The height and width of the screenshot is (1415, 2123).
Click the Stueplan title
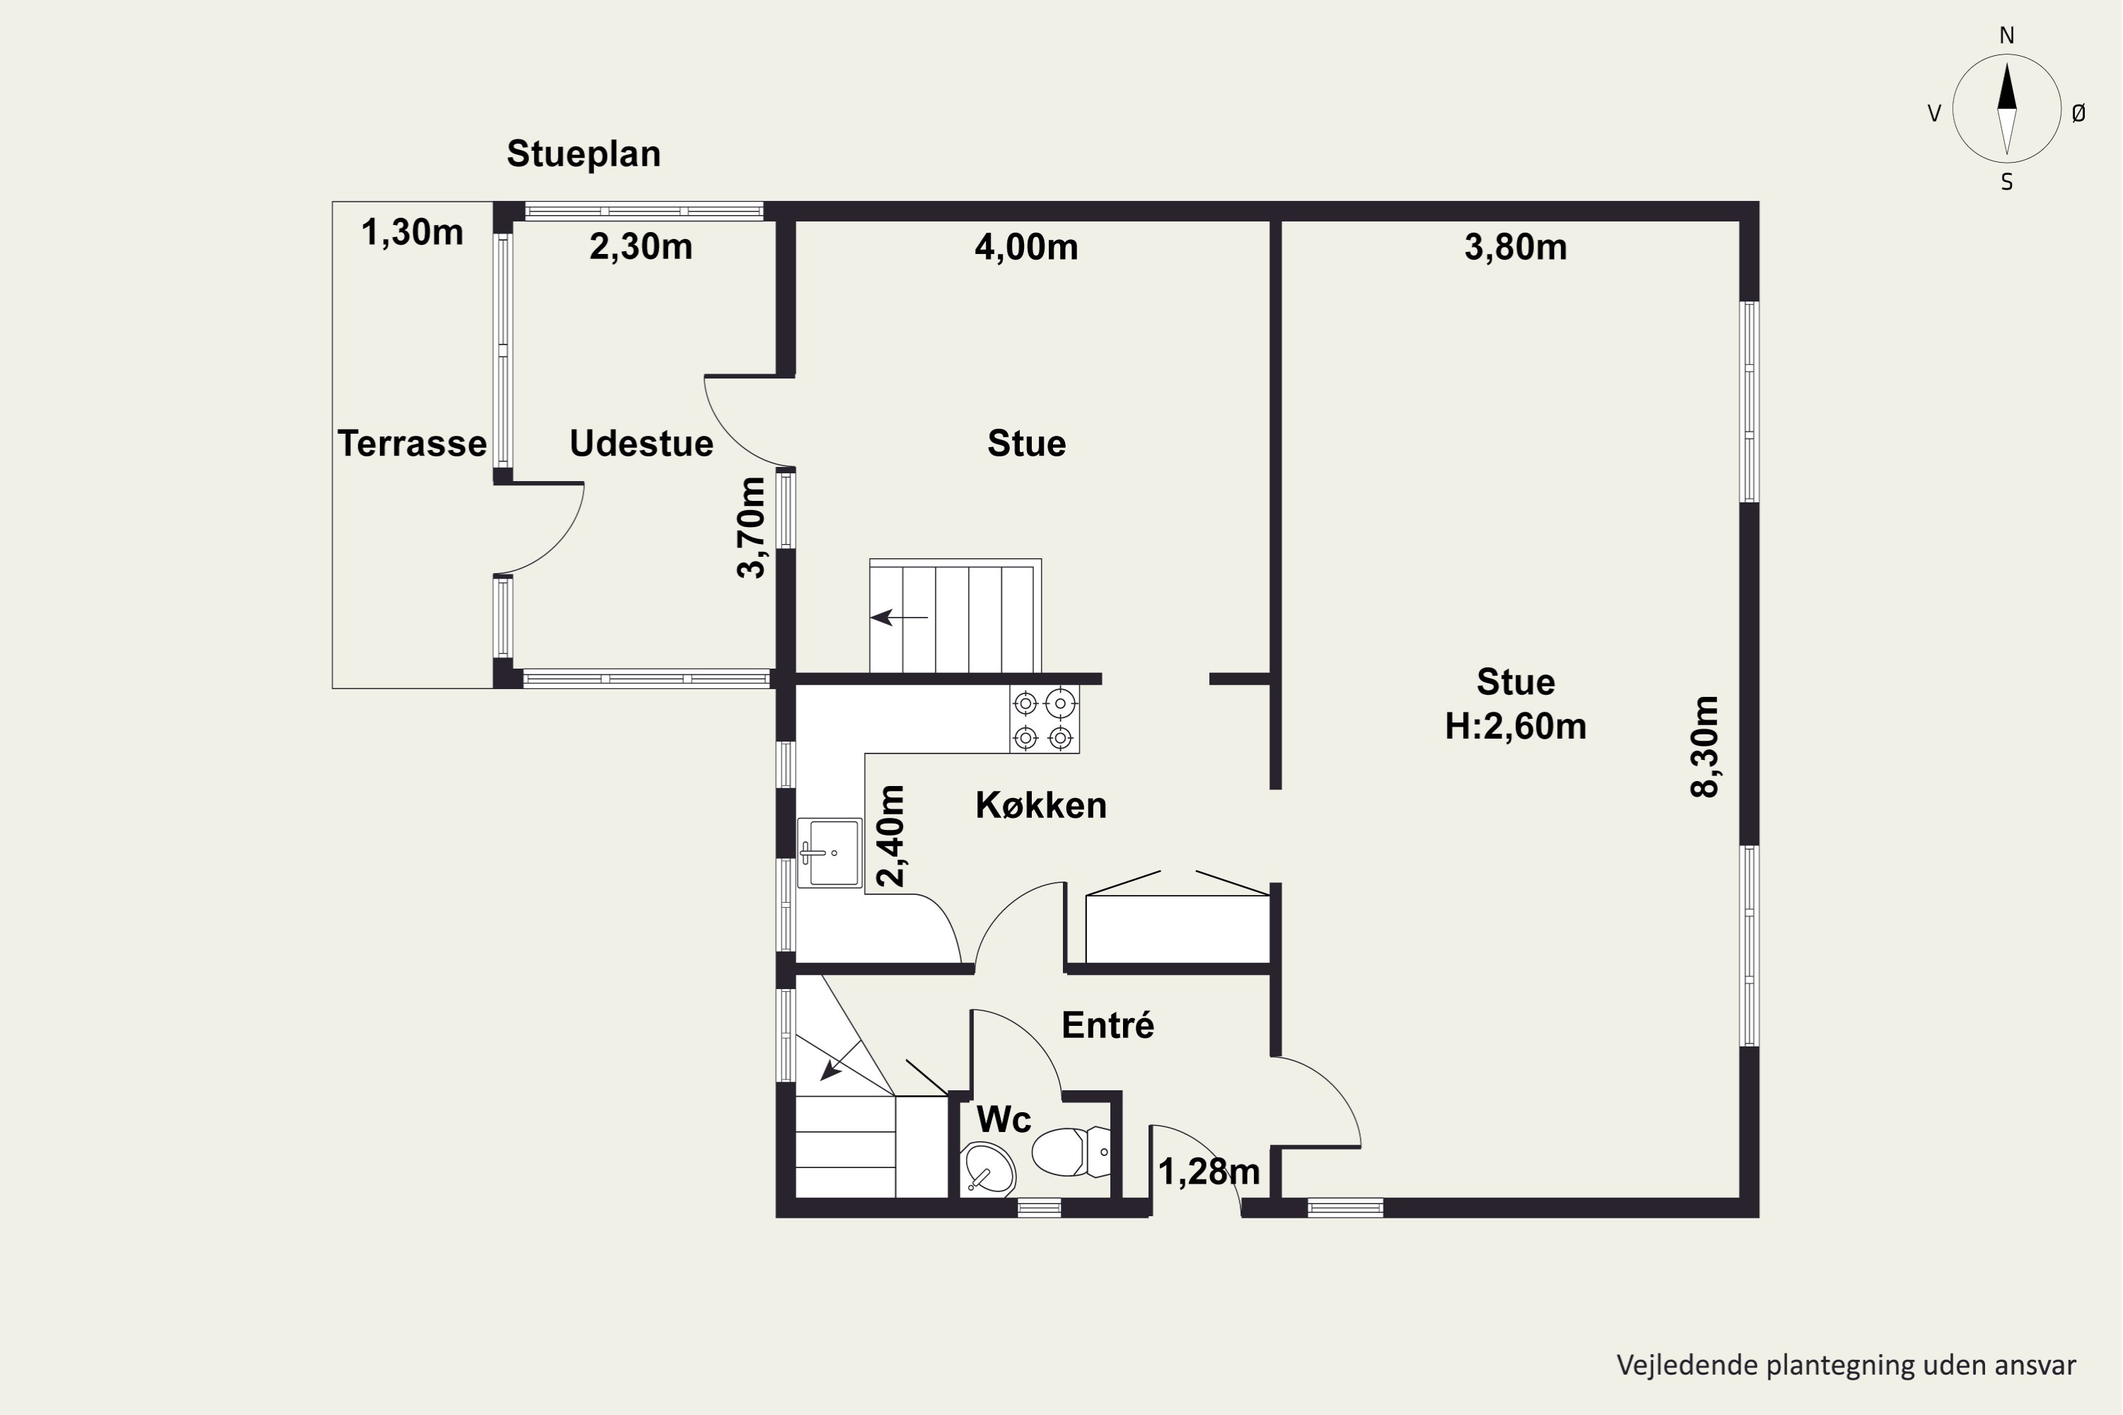click(x=583, y=154)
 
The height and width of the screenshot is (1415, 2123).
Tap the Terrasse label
click(x=412, y=443)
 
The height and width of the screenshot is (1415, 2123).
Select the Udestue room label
click(x=641, y=443)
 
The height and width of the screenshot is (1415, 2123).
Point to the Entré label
click(x=1107, y=1025)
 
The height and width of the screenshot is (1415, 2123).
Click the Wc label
click(x=1003, y=1120)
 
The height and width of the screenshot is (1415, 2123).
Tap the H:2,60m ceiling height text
click(x=1516, y=727)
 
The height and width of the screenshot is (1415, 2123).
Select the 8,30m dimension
click(x=1704, y=746)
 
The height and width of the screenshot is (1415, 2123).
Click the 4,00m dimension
click(x=1026, y=246)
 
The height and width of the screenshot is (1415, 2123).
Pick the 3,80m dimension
click(x=1516, y=246)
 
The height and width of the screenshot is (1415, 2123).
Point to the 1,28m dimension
click(x=1209, y=1172)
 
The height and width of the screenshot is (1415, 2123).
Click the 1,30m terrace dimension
click(x=413, y=232)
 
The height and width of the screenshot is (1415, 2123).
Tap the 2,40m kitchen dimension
click(x=891, y=836)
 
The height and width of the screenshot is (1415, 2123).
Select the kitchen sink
click(x=829, y=853)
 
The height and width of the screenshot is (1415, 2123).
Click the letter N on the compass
click(x=2006, y=35)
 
